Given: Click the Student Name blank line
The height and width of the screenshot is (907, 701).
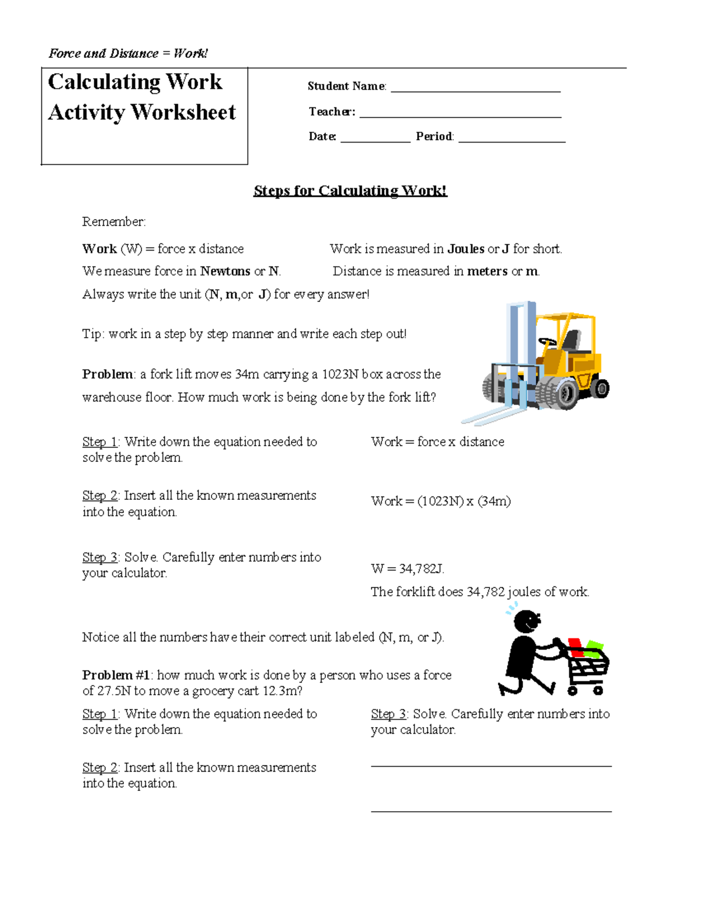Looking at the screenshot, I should point(476,91).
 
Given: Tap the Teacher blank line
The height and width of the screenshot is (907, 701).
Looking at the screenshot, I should point(460,116).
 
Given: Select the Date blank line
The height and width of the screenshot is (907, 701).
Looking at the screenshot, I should point(375,141).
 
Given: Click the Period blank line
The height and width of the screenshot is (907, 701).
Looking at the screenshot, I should point(512,141).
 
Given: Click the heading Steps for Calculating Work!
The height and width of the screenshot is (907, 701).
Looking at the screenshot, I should point(350,191).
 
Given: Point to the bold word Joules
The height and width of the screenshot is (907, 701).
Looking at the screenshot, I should point(466,249).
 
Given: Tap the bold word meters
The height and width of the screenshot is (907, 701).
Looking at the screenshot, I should point(487,272).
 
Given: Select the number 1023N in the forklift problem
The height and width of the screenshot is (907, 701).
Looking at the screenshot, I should point(340,374).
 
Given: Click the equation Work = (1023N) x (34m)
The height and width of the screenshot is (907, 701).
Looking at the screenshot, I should point(440,502).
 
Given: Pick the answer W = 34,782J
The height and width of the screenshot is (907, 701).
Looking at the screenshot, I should point(408,569).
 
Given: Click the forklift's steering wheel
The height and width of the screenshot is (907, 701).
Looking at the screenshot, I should point(547,341).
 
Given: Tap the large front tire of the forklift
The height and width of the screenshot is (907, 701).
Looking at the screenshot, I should point(559,391).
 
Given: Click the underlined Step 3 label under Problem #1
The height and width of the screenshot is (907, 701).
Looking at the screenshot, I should point(388,714).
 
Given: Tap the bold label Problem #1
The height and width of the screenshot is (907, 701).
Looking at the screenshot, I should point(116,676).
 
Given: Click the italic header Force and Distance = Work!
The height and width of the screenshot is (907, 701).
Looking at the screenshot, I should point(128,54).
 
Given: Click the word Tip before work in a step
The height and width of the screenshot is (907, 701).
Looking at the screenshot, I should point(92,334).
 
